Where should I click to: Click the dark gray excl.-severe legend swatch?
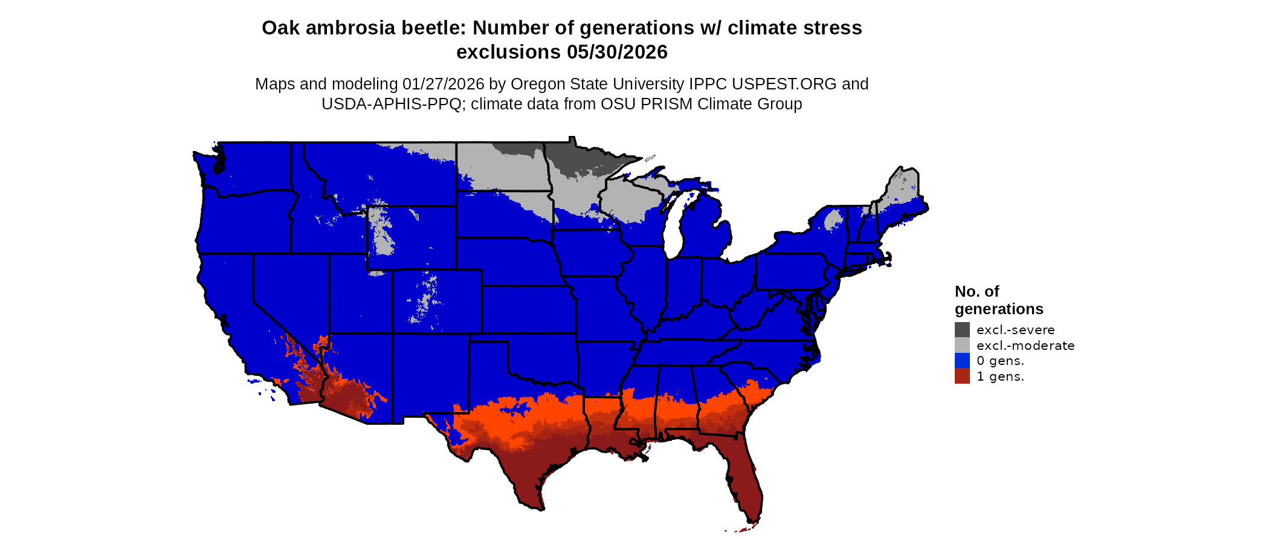pos(962,329)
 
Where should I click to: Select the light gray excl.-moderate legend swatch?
pos(962,345)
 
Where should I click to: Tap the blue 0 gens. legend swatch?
pos(962,361)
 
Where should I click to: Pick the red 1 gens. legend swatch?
pos(962,376)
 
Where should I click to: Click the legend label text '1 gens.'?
pos(1000,376)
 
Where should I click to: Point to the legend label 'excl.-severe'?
pos(1015,330)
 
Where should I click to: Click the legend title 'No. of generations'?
pos(998,300)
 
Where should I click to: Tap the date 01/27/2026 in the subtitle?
pos(443,84)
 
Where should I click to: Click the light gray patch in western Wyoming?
pos(381,233)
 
